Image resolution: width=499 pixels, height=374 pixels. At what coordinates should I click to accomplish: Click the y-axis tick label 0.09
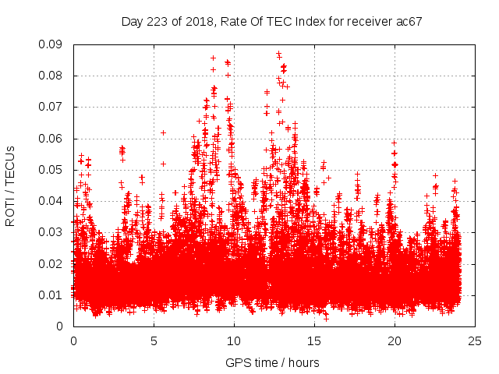pos(53,44)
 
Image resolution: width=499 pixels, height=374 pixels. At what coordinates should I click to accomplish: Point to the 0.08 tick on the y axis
pos(53,76)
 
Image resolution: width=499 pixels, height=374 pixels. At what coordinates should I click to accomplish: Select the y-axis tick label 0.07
pos(53,107)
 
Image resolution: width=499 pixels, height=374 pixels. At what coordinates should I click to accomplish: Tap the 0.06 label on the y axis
pos(53,139)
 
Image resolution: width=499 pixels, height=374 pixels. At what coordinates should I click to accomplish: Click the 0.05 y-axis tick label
pos(53,170)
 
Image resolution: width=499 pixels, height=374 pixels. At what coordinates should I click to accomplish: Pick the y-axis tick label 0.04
pos(53,201)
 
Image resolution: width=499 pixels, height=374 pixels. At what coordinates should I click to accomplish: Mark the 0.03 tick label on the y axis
pos(53,232)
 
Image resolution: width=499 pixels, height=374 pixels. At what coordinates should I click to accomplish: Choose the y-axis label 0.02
pos(53,263)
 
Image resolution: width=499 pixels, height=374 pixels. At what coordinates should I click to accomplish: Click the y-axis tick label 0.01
pos(53,295)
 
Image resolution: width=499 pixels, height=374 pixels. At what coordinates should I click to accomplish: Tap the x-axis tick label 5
pos(154,340)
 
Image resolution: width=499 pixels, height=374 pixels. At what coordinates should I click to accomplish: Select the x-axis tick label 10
pos(234,340)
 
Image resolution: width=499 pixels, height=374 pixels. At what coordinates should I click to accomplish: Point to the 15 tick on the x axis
pos(314,340)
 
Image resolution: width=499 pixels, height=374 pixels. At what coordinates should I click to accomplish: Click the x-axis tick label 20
pos(395,340)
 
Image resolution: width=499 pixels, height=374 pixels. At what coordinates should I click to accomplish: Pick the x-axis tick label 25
pos(475,340)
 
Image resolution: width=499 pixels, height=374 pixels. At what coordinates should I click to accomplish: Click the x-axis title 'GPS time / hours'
pos(272,362)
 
